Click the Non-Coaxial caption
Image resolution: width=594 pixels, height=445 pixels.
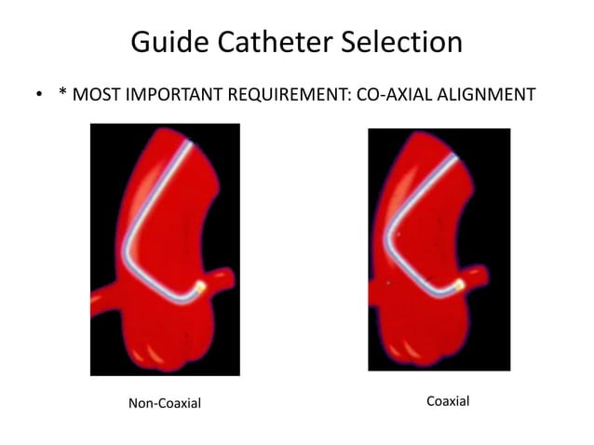pyautogui.click(x=164, y=402)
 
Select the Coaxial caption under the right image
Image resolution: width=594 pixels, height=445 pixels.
pyautogui.click(x=448, y=401)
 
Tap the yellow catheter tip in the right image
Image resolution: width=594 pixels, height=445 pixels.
pyautogui.click(x=457, y=283)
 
